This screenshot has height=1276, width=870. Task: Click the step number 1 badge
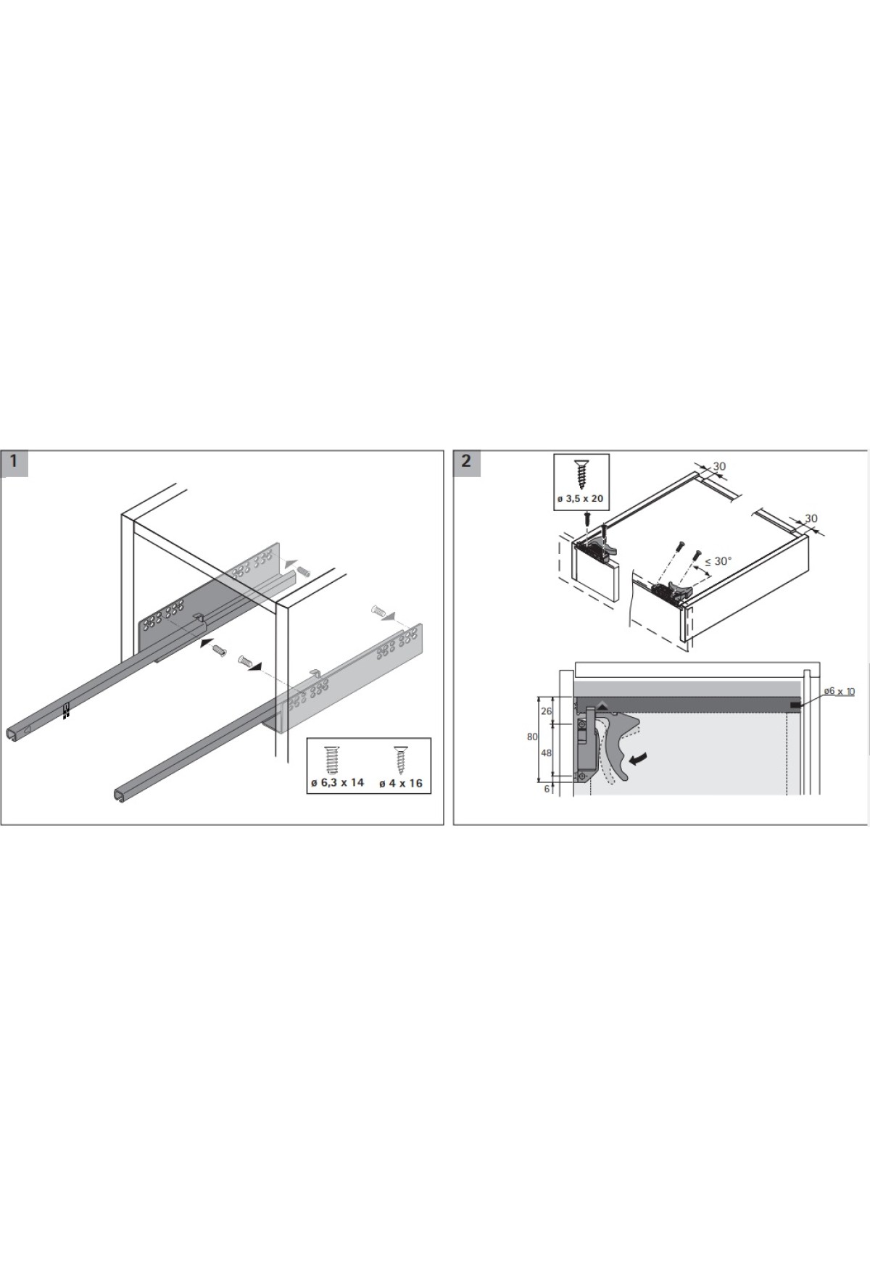(14, 463)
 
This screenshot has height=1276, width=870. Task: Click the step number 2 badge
(466, 463)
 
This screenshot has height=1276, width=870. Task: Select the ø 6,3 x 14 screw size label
(338, 782)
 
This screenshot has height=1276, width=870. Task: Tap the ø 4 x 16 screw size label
(400, 783)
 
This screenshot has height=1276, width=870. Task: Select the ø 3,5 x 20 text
(580, 499)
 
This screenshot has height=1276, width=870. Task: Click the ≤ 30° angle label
(718, 560)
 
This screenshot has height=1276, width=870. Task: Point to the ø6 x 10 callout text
(839, 692)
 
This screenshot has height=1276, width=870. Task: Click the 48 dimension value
(546, 753)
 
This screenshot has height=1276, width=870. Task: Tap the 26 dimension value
(546, 711)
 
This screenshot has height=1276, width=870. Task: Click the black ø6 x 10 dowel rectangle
(795, 704)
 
